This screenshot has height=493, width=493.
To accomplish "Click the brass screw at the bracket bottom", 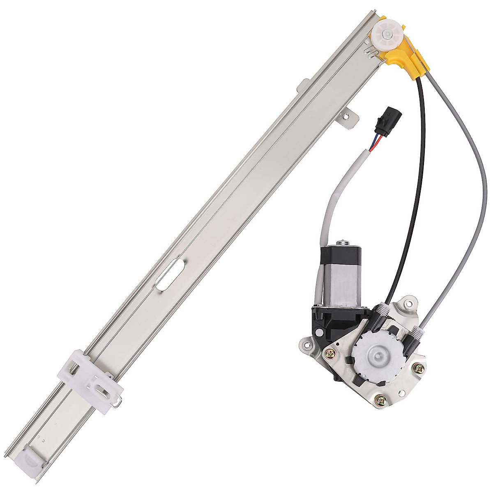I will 381,398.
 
